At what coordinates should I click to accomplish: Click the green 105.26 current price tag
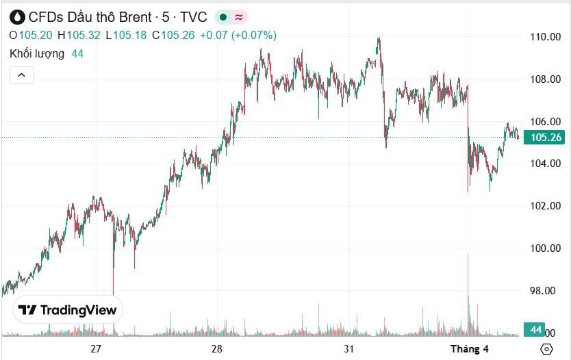click(x=545, y=138)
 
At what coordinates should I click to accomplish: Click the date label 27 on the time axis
click(x=96, y=349)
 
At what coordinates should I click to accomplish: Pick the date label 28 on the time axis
click(x=217, y=349)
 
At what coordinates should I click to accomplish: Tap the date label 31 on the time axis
click(x=349, y=349)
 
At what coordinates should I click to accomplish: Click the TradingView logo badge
click(x=68, y=310)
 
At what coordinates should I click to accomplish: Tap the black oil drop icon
click(x=17, y=17)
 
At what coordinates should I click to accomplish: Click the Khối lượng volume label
click(x=37, y=53)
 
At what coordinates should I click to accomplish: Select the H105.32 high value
click(x=80, y=36)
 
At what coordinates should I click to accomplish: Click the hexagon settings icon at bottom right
click(x=546, y=349)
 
